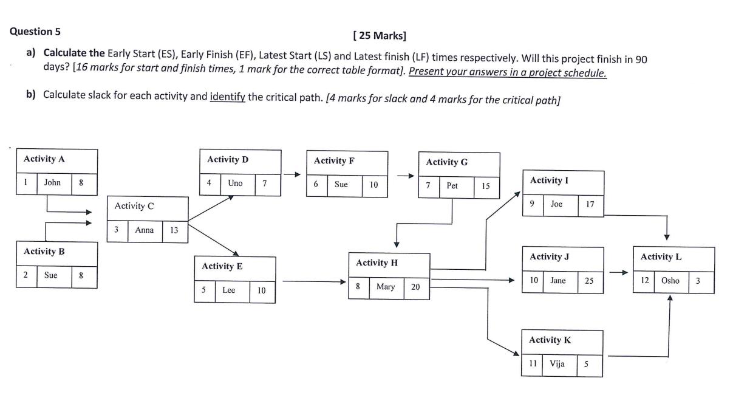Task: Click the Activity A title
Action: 44,159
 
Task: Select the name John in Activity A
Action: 52,182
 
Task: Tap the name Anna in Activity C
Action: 144,230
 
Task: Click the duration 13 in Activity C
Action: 174,230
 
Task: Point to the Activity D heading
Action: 228,159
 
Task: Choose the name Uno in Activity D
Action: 235,183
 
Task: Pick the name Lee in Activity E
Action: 228,290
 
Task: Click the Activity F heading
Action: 334,161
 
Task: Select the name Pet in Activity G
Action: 452,186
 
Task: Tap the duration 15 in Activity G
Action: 486,187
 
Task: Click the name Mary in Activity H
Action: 386,286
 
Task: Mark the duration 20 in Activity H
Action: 415,287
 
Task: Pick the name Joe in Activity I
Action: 556,204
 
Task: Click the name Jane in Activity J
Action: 557,280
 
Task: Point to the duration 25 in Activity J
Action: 589,281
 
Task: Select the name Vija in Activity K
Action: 557,363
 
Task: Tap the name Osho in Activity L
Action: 670,280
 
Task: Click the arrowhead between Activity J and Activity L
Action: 623,273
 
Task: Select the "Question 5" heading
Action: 35,32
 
